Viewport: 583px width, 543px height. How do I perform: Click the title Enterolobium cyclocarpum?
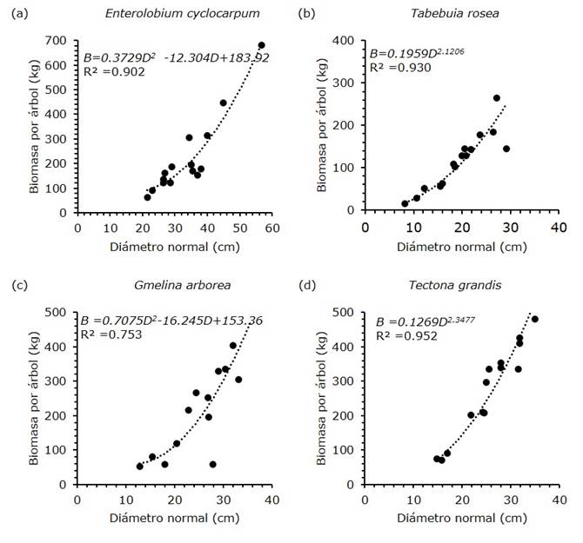174,14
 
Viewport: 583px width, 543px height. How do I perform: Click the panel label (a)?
17,14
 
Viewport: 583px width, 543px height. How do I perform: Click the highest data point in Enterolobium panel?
261,45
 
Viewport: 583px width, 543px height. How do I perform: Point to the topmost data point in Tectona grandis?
535,319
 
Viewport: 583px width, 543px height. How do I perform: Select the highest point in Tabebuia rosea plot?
497,98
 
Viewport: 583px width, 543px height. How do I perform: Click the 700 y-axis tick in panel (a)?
61,42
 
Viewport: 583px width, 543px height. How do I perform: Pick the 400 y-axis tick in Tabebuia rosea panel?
348,42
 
